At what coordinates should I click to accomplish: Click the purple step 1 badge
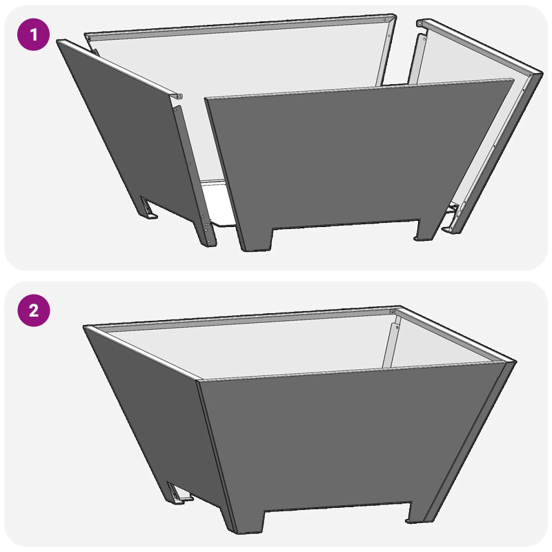tap(33, 34)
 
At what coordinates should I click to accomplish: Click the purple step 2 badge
tap(33, 310)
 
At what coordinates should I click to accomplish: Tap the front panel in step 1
tap(352, 159)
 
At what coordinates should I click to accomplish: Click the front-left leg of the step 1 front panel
tap(254, 238)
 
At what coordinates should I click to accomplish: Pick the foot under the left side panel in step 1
tap(149, 209)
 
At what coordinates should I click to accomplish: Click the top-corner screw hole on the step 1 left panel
tap(179, 96)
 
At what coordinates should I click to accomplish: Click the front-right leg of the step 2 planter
tap(417, 514)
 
